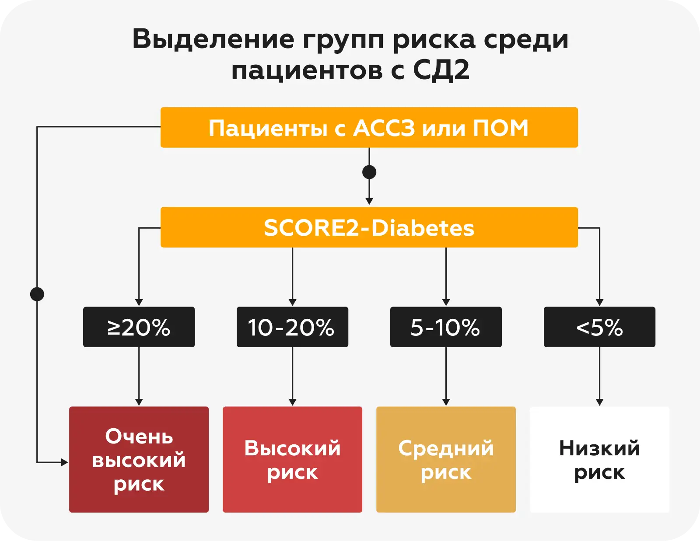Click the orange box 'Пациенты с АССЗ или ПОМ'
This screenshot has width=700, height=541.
(369, 128)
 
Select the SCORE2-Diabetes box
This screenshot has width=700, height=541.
(369, 227)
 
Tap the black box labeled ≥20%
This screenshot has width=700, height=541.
(139, 327)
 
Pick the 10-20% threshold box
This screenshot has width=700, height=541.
(292, 327)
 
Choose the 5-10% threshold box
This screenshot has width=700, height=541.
(446, 327)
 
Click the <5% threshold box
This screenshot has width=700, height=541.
(599, 327)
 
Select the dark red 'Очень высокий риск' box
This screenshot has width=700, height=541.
(139, 460)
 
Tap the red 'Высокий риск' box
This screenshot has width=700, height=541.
(292, 460)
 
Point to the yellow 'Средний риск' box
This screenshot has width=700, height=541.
(446, 460)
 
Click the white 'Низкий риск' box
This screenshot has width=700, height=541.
(599, 460)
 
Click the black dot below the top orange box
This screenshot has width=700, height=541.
(369, 172)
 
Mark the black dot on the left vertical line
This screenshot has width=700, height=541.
(37, 294)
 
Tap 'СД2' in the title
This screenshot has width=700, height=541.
(441, 70)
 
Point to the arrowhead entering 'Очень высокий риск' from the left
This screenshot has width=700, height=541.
(65, 462)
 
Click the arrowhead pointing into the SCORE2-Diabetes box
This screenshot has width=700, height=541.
(369, 201)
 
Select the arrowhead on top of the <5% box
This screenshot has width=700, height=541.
(599, 302)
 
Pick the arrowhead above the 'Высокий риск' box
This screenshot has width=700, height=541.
(292, 402)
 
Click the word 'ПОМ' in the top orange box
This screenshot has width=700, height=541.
(500, 128)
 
